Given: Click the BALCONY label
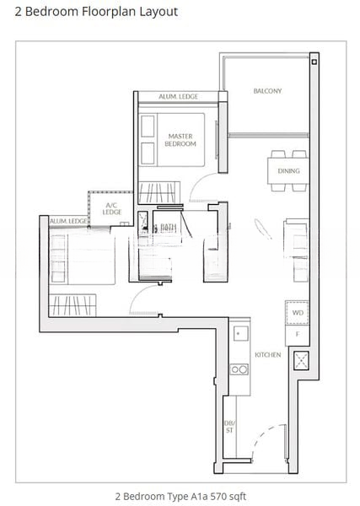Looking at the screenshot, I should click(x=267, y=90).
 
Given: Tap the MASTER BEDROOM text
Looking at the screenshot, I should click(x=181, y=139).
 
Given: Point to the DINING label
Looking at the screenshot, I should click(x=288, y=170).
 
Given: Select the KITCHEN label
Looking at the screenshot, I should click(x=268, y=355).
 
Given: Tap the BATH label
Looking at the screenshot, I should click(x=168, y=227).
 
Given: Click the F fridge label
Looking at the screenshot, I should click(x=296, y=335).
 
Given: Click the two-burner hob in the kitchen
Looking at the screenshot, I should click(x=239, y=369).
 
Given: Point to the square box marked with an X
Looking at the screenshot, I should click(x=298, y=362).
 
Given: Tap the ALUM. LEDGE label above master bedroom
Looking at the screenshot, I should click(x=178, y=97).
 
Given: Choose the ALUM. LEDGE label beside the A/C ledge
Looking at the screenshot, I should click(x=69, y=221).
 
